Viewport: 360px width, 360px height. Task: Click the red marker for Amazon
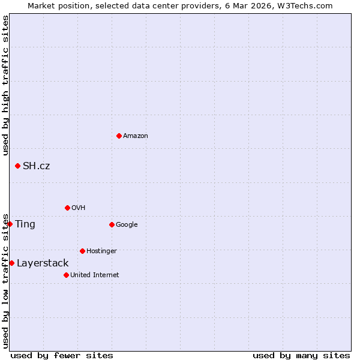point(119,136)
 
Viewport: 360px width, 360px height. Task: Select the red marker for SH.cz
point(17,166)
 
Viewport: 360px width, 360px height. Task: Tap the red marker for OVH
point(67,208)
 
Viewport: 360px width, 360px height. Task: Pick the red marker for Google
point(112,224)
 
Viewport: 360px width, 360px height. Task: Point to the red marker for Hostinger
point(82,251)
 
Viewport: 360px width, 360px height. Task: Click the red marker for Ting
point(10,224)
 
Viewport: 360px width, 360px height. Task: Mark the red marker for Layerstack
point(11,263)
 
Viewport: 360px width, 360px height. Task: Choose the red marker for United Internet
point(66,275)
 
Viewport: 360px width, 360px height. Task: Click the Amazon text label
point(136,136)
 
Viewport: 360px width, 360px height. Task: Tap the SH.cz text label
point(36,166)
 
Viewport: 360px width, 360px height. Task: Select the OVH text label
point(78,208)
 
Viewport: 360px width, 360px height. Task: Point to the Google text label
point(127,224)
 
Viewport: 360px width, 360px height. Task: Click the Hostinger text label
point(101,251)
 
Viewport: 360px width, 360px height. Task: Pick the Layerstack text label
point(43,263)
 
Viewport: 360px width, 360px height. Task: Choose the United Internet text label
point(94,275)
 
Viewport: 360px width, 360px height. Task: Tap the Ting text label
point(25,224)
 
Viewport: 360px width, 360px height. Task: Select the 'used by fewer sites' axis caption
point(62,355)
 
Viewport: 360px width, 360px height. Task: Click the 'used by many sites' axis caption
point(301,355)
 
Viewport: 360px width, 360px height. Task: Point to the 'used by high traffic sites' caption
point(5,85)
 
